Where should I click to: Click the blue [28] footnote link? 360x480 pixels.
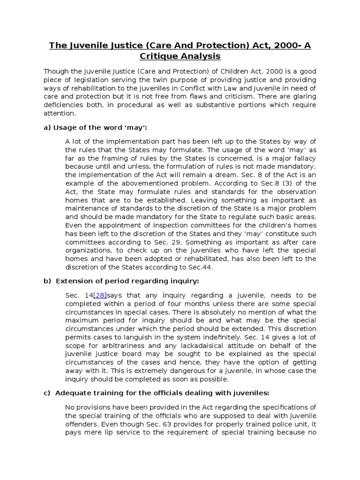100,295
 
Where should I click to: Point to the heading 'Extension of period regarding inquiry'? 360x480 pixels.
127,281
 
